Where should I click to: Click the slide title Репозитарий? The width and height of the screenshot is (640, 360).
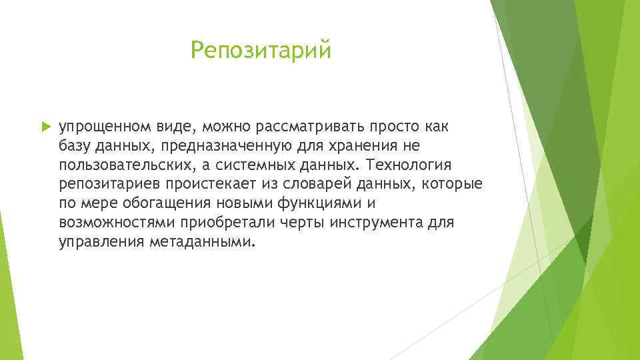point(260,51)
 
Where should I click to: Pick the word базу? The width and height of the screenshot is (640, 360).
point(75,145)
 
